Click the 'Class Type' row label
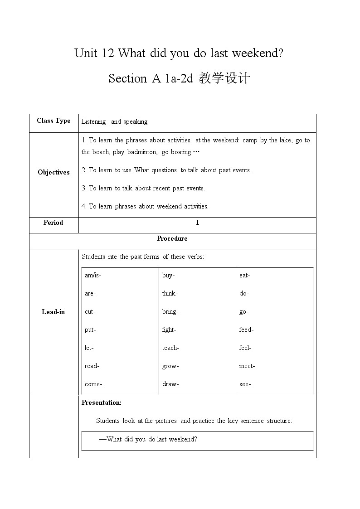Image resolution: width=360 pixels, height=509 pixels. (x=54, y=121)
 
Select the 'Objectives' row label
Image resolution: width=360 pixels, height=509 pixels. (x=54, y=172)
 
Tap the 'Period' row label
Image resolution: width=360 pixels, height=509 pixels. (x=53, y=223)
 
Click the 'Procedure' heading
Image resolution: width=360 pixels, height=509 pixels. (x=172, y=238)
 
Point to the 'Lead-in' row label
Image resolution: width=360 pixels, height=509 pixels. (x=53, y=312)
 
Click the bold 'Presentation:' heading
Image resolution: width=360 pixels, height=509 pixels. (x=102, y=402)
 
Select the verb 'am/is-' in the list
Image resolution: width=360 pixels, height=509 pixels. (x=96, y=275)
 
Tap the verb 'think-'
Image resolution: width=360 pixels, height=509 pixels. (x=170, y=293)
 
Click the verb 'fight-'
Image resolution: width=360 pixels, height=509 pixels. (x=169, y=330)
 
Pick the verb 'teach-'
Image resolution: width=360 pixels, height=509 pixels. (x=170, y=348)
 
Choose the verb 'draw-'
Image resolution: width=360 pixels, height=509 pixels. (x=170, y=384)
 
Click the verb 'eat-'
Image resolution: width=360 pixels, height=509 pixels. (x=244, y=275)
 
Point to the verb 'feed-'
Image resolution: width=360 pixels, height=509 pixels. (x=246, y=330)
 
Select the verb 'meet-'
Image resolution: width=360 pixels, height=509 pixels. (x=247, y=366)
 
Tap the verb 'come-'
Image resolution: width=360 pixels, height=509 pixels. (x=93, y=384)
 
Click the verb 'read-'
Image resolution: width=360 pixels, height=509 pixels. (x=92, y=366)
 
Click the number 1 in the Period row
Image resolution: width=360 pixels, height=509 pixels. (x=197, y=223)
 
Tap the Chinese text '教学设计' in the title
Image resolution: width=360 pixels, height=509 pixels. (x=224, y=78)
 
